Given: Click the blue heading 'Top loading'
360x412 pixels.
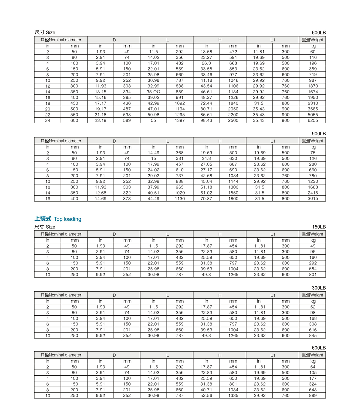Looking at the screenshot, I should coord(67,219).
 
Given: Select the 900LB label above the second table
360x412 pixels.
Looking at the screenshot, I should coord(319,134).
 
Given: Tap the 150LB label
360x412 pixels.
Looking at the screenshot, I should coord(319,227).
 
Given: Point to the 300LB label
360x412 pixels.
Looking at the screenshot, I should coord(319,288).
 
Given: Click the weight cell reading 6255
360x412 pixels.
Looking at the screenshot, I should coord(313,120).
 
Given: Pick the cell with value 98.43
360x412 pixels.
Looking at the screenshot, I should coord(206,120).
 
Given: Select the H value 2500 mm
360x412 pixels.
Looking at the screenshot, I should coord(233,120).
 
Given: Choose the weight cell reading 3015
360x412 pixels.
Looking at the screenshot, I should coord(313,199).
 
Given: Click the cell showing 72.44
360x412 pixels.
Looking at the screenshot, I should coord(206,103).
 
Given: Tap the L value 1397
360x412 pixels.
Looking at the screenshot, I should coord(180,120).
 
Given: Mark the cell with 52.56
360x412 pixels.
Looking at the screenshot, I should coord(206,395).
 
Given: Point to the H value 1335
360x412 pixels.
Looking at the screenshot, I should coord(233,395).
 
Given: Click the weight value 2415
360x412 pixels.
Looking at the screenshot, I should coord(313,193).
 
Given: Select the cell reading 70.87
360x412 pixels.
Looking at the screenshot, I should coord(206,199).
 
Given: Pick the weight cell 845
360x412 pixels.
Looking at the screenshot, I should coord(313,335).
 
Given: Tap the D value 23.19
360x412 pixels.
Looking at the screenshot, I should coord(100,120).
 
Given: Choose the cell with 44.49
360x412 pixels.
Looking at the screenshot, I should coord(153,199).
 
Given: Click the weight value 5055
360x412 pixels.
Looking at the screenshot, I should coord(313,115).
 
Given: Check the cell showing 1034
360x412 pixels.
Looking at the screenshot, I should coord(233,390).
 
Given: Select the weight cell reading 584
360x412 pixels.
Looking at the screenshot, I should coord(313,269).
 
